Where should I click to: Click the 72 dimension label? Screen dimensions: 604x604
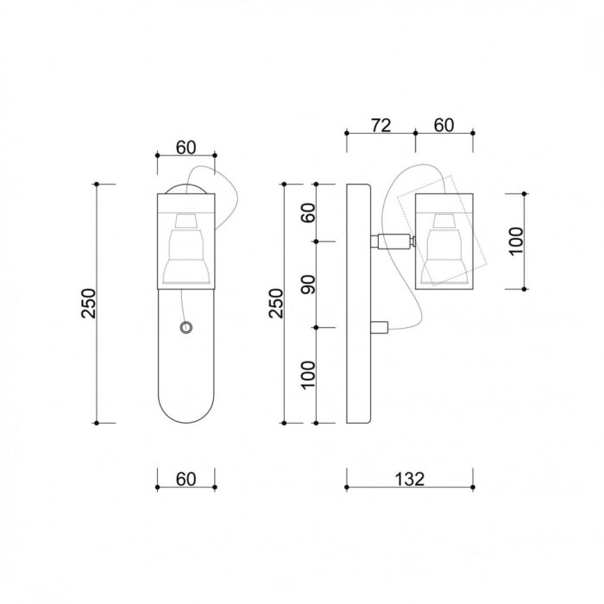click(x=381, y=125)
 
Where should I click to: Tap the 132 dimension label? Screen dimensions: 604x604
click(x=410, y=479)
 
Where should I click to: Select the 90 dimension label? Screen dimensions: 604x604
click(x=308, y=284)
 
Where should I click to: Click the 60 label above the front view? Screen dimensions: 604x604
click(x=186, y=148)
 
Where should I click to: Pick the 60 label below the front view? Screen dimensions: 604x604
click(x=186, y=479)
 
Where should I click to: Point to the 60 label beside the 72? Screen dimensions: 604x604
click(x=444, y=125)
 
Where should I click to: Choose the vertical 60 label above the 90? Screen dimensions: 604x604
click(x=308, y=212)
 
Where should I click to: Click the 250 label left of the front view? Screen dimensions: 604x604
click(x=89, y=303)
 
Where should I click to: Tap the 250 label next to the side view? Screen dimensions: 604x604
click(x=276, y=303)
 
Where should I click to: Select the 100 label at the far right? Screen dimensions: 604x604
click(x=516, y=241)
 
